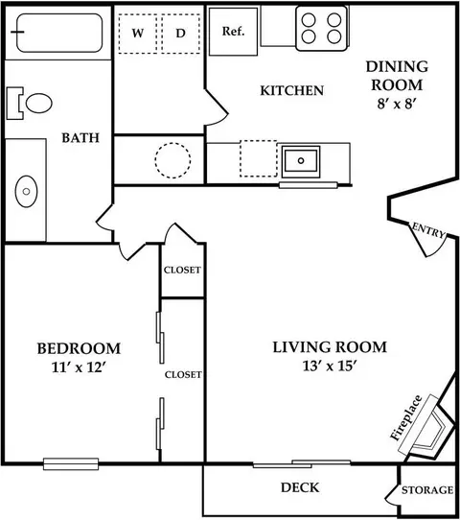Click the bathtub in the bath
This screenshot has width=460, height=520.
pyautogui.click(x=59, y=33)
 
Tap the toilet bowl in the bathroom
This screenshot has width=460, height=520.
pyautogui.click(x=38, y=104)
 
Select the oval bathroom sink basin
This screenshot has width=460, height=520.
pyautogui.click(x=26, y=191)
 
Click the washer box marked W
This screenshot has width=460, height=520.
pyautogui.click(x=138, y=34)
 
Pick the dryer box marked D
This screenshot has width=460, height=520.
pyautogui.click(x=180, y=34)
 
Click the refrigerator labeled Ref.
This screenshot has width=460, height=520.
pyautogui.click(x=233, y=32)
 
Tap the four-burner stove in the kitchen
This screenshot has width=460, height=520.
pyautogui.click(x=321, y=29)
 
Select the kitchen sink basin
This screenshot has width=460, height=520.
pyautogui.click(x=301, y=161)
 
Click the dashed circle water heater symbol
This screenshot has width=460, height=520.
pyautogui.click(x=172, y=160)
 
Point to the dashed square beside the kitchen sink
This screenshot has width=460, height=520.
pyautogui.click(x=259, y=158)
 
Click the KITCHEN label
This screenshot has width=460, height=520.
pyautogui.click(x=291, y=90)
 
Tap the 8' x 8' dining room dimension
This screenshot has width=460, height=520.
pyautogui.click(x=397, y=104)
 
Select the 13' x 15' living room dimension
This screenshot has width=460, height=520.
pyautogui.click(x=330, y=366)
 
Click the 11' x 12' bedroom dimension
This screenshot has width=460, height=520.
pyautogui.click(x=79, y=367)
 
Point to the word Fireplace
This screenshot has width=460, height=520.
pyautogui.click(x=406, y=418)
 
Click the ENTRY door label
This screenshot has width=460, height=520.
pyautogui.click(x=428, y=230)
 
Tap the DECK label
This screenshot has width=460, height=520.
pyautogui.click(x=300, y=487)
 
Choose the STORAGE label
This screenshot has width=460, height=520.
pyautogui.click(x=427, y=490)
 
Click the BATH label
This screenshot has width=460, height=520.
pyautogui.click(x=80, y=137)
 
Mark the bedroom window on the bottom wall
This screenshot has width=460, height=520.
pyautogui.click(x=71, y=463)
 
